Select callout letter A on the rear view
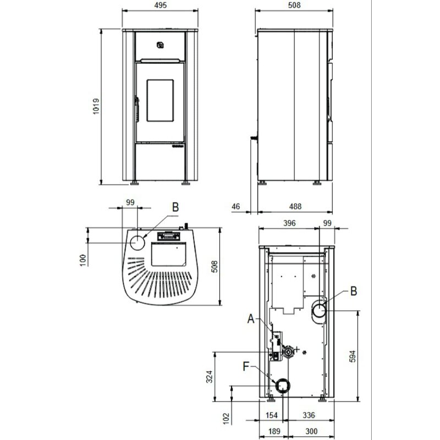pyautogui.click(x=251, y=317)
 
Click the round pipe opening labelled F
pyautogui.click(x=282, y=387)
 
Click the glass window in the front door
pyautogui.click(x=160, y=100)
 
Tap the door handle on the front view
pyautogui.click(x=134, y=107)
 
